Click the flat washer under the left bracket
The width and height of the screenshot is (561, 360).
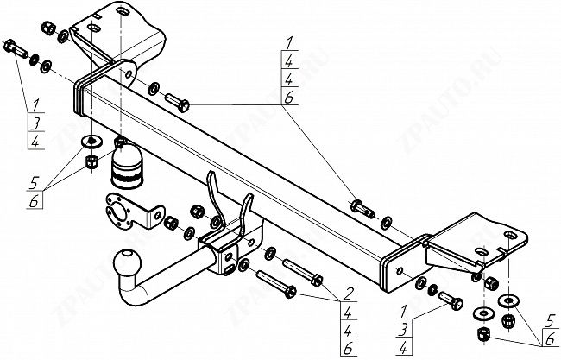91,142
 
